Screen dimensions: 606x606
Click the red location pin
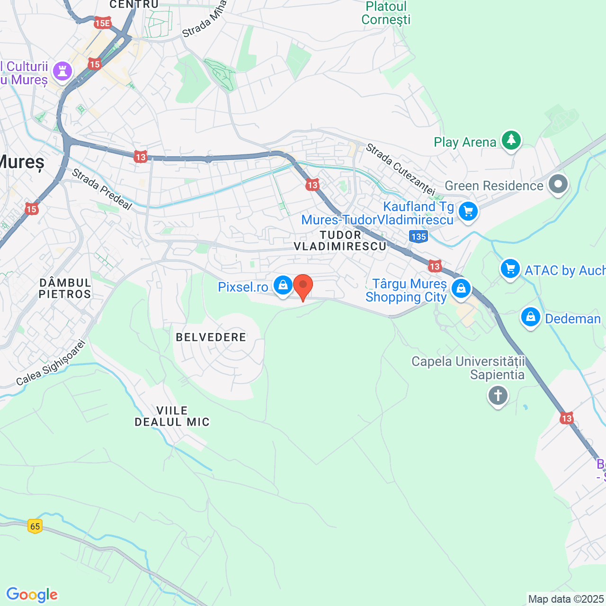pyautogui.click(x=303, y=286)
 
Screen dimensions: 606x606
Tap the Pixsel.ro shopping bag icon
pyautogui.click(x=283, y=285)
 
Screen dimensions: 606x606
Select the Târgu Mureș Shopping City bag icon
pyautogui.click(x=461, y=288)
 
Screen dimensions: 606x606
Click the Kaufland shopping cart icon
pyautogui.click(x=468, y=211)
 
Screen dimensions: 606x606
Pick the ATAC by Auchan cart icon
pyautogui.click(x=510, y=269)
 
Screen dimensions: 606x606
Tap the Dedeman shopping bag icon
pyautogui.click(x=530, y=317)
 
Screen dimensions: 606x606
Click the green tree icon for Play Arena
pyautogui.click(x=511, y=140)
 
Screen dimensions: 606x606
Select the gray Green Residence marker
pyautogui.click(x=558, y=184)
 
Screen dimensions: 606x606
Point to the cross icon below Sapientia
pyautogui.click(x=498, y=395)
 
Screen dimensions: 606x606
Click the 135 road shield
pyautogui.click(x=419, y=236)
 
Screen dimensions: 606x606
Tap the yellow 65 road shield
pyautogui.click(x=35, y=526)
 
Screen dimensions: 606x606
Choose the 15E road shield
pyautogui.click(x=102, y=23)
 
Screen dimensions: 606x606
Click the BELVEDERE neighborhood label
pyautogui.click(x=211, y=337)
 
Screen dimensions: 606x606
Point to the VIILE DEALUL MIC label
pyautogui.click(x=172, y=416)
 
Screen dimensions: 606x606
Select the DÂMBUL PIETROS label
pyautogui.click(x=65, y=288)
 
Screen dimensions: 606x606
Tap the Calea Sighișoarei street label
pyautogui.click(x=51, y=363)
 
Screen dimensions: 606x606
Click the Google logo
pyautogui.click(x=32, y=595)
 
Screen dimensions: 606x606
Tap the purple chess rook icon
pyautogui.click(x=62, y=71)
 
